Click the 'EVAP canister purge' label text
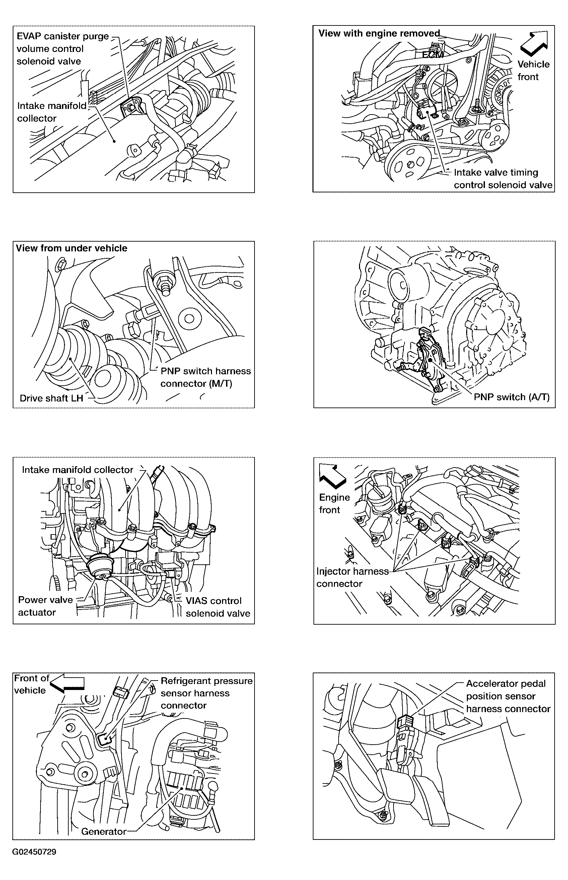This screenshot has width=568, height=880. (x=63, y=37)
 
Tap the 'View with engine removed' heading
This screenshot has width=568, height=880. (x=379, y=34)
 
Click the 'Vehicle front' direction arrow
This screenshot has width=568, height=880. (x=534, y=44)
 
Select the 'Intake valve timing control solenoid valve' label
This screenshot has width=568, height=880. (x=503, y=179)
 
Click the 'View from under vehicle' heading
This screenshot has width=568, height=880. (x=72, y=248)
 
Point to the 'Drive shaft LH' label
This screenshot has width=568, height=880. (x=51, y=398)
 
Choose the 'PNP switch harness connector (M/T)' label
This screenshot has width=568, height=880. (x=205, y=377)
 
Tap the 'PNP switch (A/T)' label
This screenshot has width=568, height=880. (x=511, y=397)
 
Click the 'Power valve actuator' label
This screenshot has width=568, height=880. (x=45, y=606)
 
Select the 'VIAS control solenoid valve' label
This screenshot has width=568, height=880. (x=218, y=607)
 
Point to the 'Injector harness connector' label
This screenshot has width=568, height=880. (x=352, y=577)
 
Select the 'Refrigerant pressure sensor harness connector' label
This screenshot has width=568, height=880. (x=206, y=693)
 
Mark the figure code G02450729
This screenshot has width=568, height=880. (x=34, y=852)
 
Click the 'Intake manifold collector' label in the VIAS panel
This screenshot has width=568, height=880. (x=77, y=470)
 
